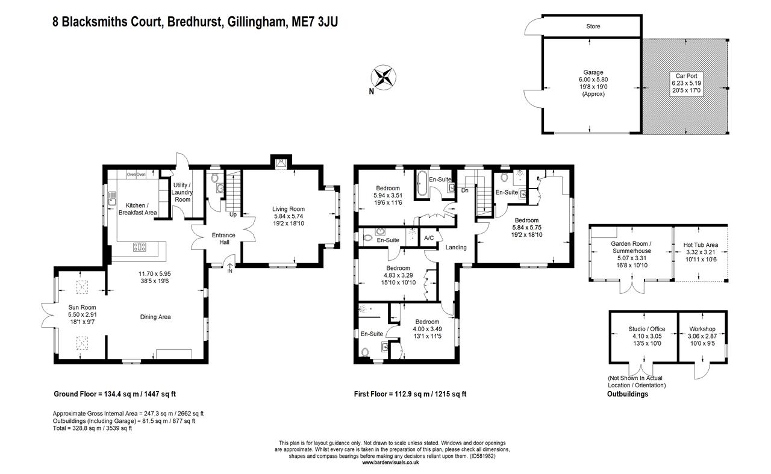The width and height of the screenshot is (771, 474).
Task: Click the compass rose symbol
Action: [x=383, y=78]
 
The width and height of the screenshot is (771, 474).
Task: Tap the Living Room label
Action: [x=288, y=209]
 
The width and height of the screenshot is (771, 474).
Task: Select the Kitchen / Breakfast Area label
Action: [x=137, y=209]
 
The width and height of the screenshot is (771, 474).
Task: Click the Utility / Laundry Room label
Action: [x=183, y=192]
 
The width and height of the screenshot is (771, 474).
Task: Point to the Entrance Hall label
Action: [x=223, y=239]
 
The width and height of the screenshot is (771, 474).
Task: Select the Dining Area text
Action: [x=155, y=317]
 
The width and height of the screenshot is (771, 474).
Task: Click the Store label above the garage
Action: [x=593, y=27]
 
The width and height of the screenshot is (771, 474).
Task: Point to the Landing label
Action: [x=456, y=247]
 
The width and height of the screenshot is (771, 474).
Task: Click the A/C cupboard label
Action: [x=429, y=237]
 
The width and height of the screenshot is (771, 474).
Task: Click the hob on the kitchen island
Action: [x=140, y=246]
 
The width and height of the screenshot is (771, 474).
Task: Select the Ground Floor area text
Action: [x=114, y=394]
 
